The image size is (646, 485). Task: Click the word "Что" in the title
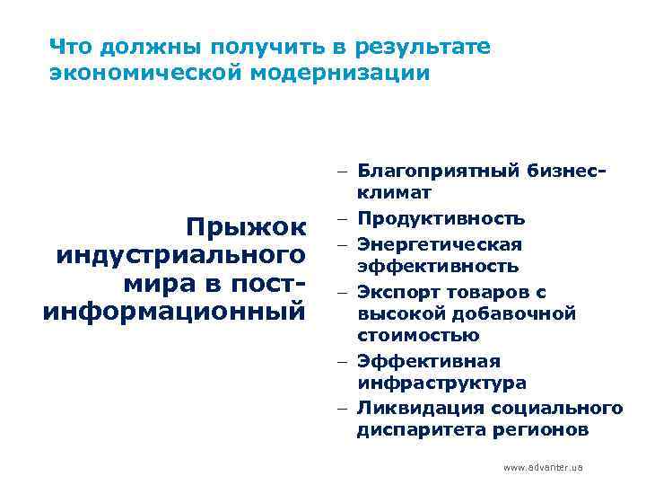pyautogui.click(x=68, y=47)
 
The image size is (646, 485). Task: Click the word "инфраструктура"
pyautogui.click(x=441, y=383)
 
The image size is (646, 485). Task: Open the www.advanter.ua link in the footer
pyautogui.click(x=543, y=467)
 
